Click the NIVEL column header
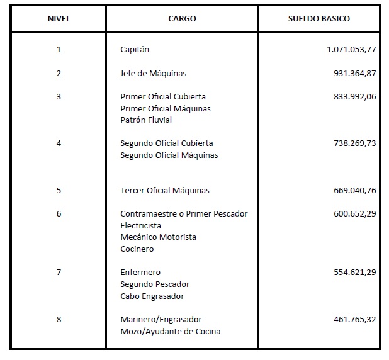pyautogui.click(x=59, y=19)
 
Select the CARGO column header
pyautogui.click(x=182, y=19)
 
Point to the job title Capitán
pyautogui.click(x=135, y=49)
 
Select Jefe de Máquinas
pyautogui.click(x=153, y=73)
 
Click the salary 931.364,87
pyautogui.click(x=354, y=73)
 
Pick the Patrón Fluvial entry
pyautogui.click(x=146, y=120)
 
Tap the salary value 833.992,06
pyautogui.click(x=354, y=96)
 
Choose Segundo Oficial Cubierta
pyautogui.click(x=167, y=143)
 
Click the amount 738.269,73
pyautogui.click(x=354, y=143)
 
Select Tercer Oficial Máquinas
pyautogui.click(x=165, y=190)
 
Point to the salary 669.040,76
pyautogui.click(x=354, y=190)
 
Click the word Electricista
pyautogui.click(x=140, y=225)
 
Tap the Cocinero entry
pyautogui.click(x=137, y=249)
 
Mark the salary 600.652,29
pyautogui.click(x=354, y=213)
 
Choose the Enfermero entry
pyautogui.click(x=140, y=273)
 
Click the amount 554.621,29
pyautogui.click(x=354, y=273)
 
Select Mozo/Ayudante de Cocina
pyautogui.click(x=170, y=331)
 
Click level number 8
pyautogui.click(x=59, y=319)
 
